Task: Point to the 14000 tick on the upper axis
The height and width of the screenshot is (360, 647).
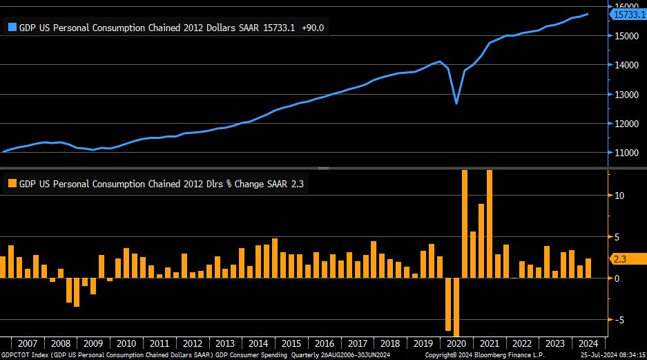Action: point(625,65)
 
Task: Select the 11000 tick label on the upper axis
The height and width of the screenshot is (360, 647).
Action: point(625,153)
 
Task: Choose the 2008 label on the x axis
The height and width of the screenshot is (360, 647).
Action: point(60,343)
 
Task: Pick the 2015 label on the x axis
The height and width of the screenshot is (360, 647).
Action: point(291,343)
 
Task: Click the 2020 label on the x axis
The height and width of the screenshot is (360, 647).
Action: point(456,343)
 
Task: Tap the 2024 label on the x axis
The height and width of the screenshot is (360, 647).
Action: point(588,343)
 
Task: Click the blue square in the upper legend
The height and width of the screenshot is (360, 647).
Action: point(12,28)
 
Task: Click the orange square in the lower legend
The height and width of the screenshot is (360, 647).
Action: point(12,184)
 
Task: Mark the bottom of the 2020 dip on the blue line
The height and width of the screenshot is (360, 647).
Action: point(456,104)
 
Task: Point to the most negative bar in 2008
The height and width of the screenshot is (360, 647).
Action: point(77,293)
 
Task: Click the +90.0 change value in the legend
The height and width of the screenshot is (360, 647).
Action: point(313,28)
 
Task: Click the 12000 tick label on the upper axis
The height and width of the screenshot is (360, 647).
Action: point(625,124)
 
